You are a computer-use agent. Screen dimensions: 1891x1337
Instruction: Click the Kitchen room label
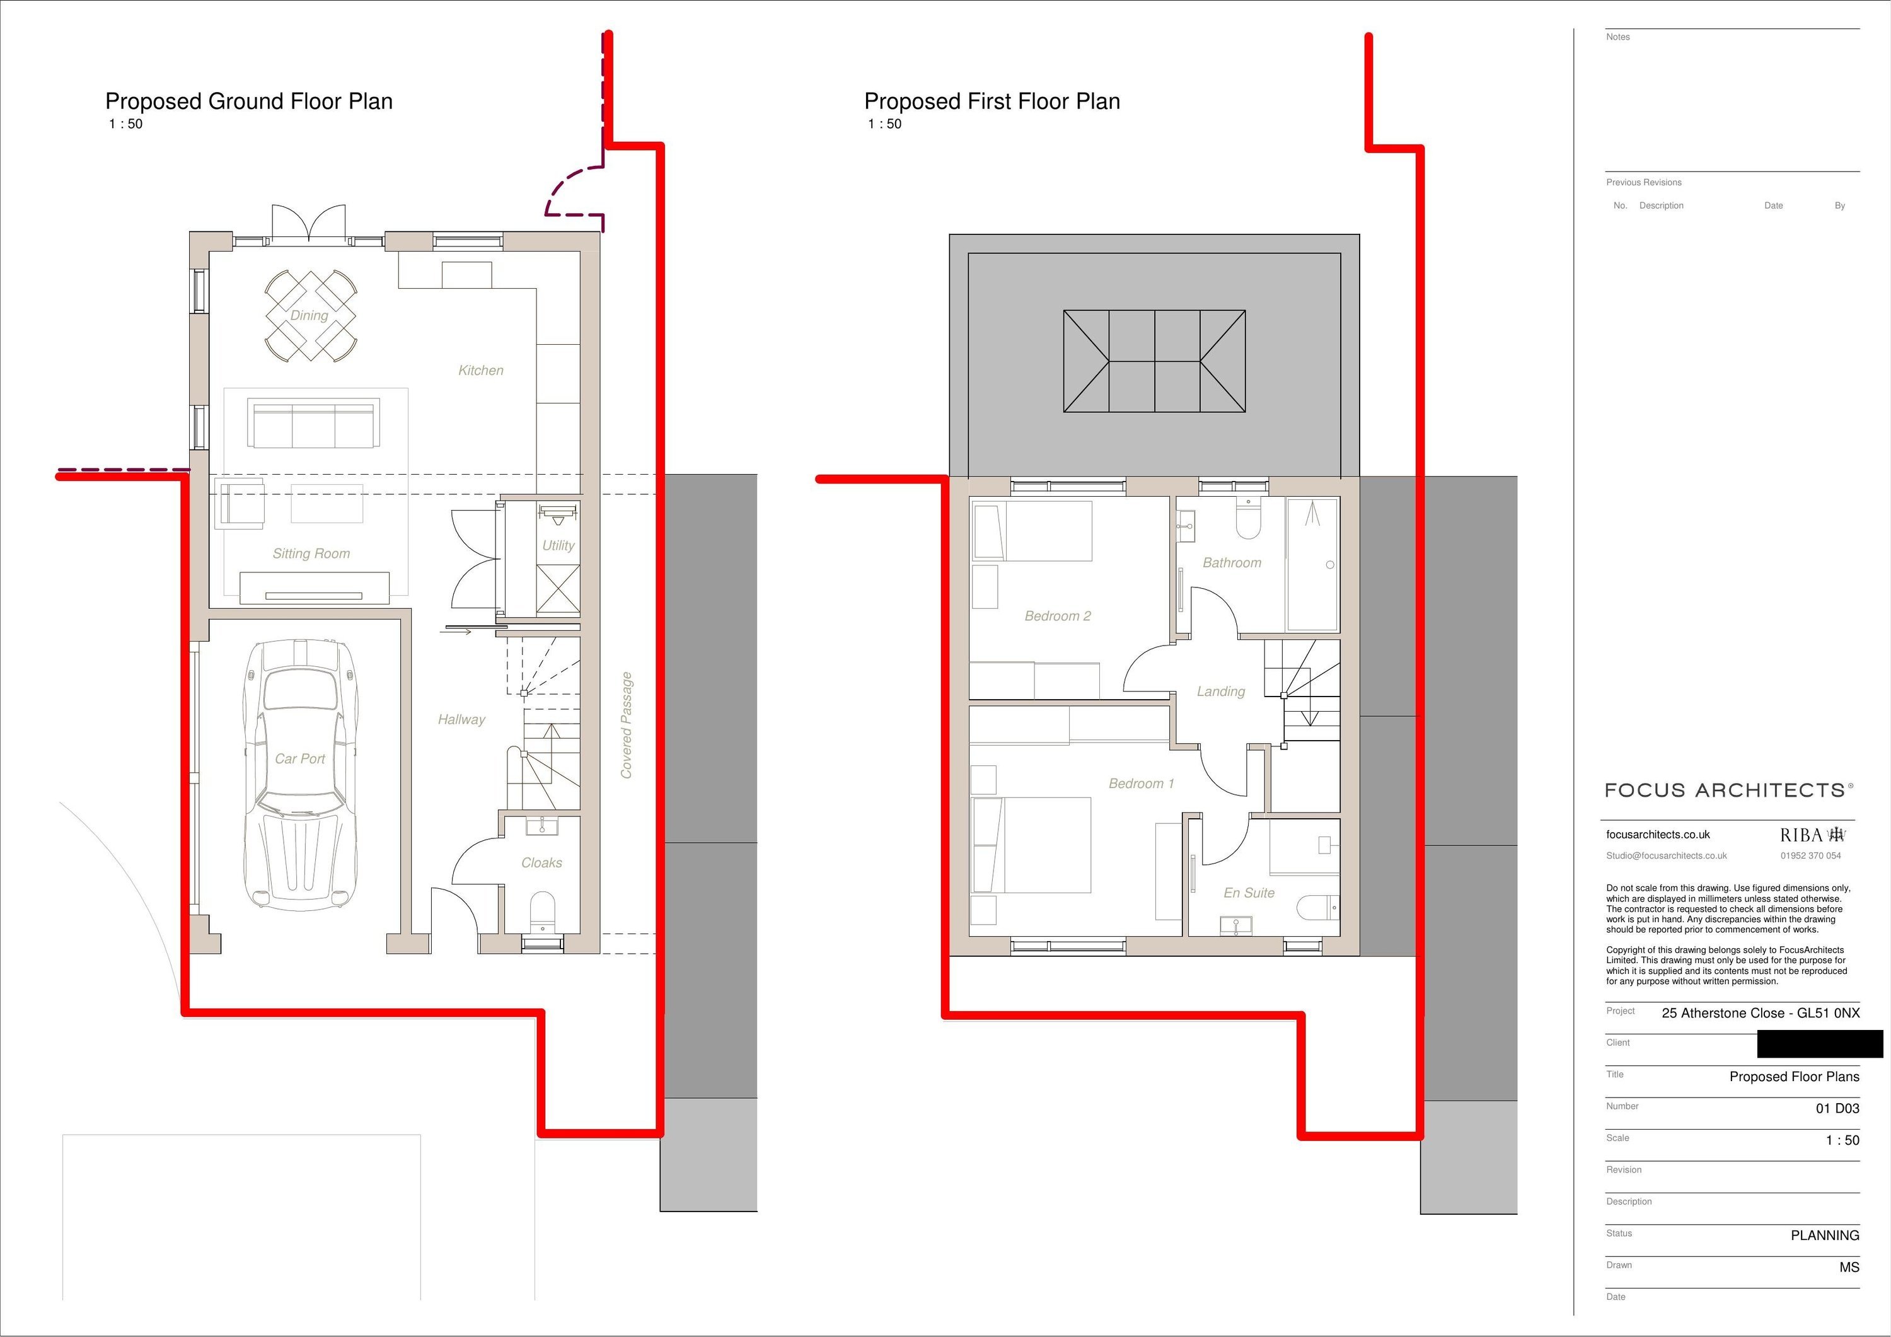[481, 371]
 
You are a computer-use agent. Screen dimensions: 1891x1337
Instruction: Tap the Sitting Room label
[311, 553]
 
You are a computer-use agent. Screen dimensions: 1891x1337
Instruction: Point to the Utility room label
[558, 545]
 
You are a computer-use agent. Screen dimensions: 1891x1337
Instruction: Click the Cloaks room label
[542, 862]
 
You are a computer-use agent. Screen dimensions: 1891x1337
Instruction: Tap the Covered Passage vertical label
[627, 725]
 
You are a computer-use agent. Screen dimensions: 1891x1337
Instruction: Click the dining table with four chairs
[311, 316]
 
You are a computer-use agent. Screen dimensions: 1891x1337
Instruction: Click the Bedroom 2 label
[1058, 616]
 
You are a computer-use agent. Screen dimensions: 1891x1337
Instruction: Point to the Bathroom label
[1232, 563]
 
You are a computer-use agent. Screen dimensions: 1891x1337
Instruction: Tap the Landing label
[1220, 692]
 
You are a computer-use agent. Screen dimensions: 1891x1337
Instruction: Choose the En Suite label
[1249, 893]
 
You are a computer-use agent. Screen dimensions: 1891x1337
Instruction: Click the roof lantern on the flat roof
[1155, 361]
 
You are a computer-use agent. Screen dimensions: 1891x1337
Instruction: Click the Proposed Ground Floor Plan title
[249, 101]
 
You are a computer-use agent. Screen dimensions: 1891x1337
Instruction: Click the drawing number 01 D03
[1837, 1109]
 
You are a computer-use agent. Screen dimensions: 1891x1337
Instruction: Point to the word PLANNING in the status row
[1825, 1236]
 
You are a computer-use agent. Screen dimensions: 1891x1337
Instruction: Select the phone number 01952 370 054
[1810, 856]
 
